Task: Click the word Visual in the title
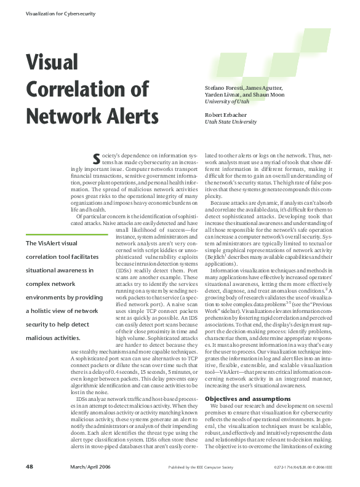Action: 52,62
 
